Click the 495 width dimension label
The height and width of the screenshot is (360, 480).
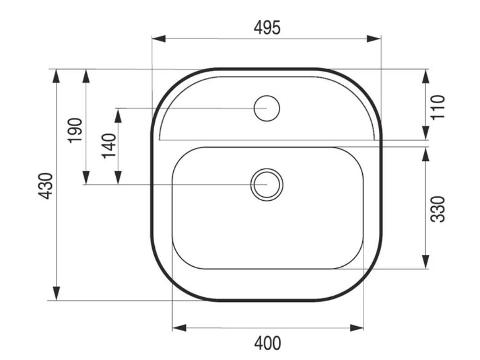point(267,28)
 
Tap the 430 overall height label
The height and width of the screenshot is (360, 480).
point(45,186)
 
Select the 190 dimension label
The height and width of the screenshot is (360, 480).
point(75,130)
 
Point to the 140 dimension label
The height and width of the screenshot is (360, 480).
point(109,146)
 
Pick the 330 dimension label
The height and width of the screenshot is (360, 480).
point(437,209)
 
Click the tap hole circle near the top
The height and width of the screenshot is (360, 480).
point(267,108)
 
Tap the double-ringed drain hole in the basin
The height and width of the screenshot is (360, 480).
point(267,184)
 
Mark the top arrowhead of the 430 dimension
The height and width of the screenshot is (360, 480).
point(56,76)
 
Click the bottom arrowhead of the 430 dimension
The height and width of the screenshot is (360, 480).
point(56,293)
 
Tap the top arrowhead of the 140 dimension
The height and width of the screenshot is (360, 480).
point(118,114)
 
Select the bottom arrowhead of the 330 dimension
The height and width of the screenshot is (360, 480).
point(425,262)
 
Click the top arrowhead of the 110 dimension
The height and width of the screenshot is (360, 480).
point(425,76)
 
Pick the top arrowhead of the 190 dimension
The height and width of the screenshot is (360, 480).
point(86,76)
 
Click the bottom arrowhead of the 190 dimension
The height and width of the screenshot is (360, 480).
point(86,178)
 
